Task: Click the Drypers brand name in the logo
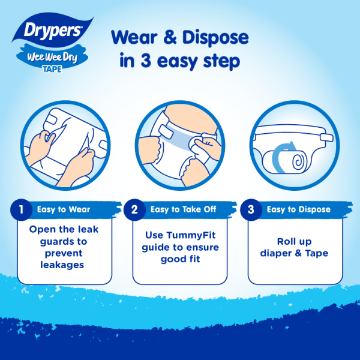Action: (53, 31)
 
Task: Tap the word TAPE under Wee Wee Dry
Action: (52, 70)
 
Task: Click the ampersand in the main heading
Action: (170, 37)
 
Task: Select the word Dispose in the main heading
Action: (215, 38)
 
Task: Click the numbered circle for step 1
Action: (21, 209)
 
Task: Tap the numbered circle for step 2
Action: (134, 209)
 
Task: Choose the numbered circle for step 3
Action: (251, 209)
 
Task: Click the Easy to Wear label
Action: (64, 209)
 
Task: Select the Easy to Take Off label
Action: (183, 209)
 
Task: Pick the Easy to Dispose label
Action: (298, 209)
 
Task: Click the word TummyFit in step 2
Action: (191, 236)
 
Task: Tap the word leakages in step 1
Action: (62, 266)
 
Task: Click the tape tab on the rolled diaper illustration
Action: (326, 138)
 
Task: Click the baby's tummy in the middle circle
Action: (192, 118)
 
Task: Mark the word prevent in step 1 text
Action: (64, 254)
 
